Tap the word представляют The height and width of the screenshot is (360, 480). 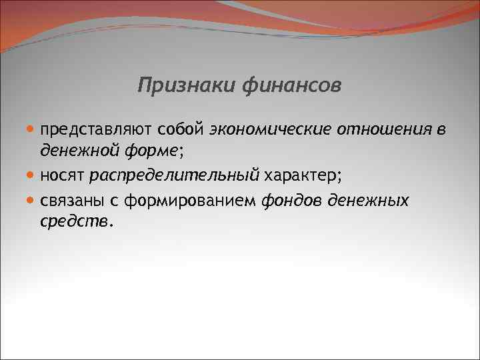pyautogui.click(x=97, y=128)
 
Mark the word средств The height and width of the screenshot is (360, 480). pyautogui.click(x=75, y=221)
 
